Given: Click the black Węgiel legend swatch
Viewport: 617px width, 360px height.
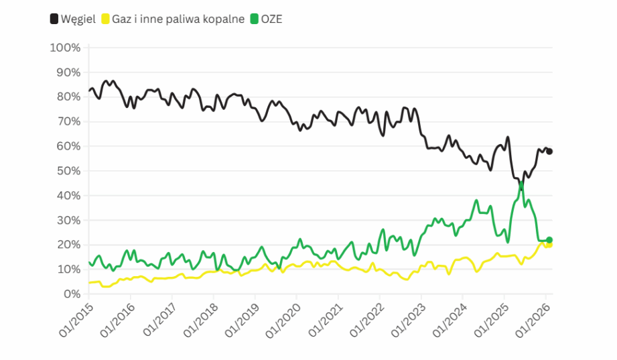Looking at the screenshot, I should pyautogui.click(x=54, y=19).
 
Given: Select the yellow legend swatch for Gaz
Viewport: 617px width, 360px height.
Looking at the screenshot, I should pyautogui.click(x=105, y=19).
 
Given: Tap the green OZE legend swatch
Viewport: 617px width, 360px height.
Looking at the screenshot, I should pyautogui.click(x=254, y=19).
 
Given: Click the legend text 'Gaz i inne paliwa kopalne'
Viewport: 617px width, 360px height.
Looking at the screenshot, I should pyautogui.click(x=178, y=19).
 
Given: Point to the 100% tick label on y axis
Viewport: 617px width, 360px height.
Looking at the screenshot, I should pyautogui.click(x=65, y=48).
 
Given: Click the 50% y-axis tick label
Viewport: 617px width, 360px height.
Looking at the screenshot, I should pyautogui.click(x=68, y=171).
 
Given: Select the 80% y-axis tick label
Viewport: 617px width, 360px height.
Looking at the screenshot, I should pyautogui.click(x=68, y=97).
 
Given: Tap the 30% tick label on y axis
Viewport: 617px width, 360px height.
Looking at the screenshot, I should pyautogui.click(x=68, y=220).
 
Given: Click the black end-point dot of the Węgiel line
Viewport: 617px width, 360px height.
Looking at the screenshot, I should pyautogui.click(x=549, y=152).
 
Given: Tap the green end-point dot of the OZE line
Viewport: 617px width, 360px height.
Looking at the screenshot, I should pyautogui.click(x=549, y=240).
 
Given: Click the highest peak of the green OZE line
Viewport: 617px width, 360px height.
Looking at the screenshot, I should pyautogui.click(x=521, y=182).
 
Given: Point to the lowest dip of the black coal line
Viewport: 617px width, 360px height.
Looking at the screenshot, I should pyautogui.click(x=521, y=190).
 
